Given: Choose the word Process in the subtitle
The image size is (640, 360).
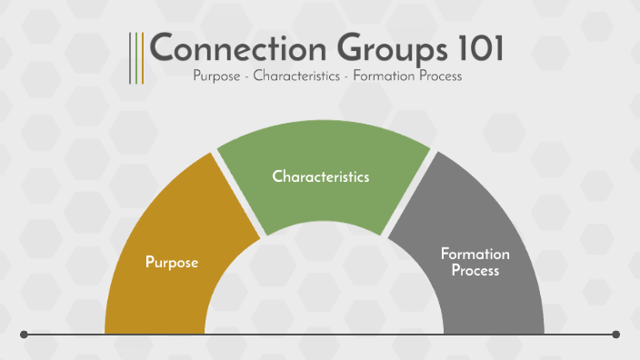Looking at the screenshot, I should (441, 76).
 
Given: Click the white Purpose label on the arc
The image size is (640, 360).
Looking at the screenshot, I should (172, 263).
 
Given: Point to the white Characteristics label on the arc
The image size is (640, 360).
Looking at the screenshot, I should (321, 176).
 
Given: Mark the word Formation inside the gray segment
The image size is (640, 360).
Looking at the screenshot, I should (475, 254).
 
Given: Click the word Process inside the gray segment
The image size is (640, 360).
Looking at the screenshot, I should (475, 271).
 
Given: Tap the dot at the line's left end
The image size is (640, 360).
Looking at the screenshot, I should (24, 335).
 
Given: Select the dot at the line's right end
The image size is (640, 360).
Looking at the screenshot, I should (616, 335).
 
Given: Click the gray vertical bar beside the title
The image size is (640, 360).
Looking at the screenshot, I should (130, 58).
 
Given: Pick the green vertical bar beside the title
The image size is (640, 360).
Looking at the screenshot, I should (135, 58).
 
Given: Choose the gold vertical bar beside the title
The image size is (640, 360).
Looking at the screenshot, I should (141, 58).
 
